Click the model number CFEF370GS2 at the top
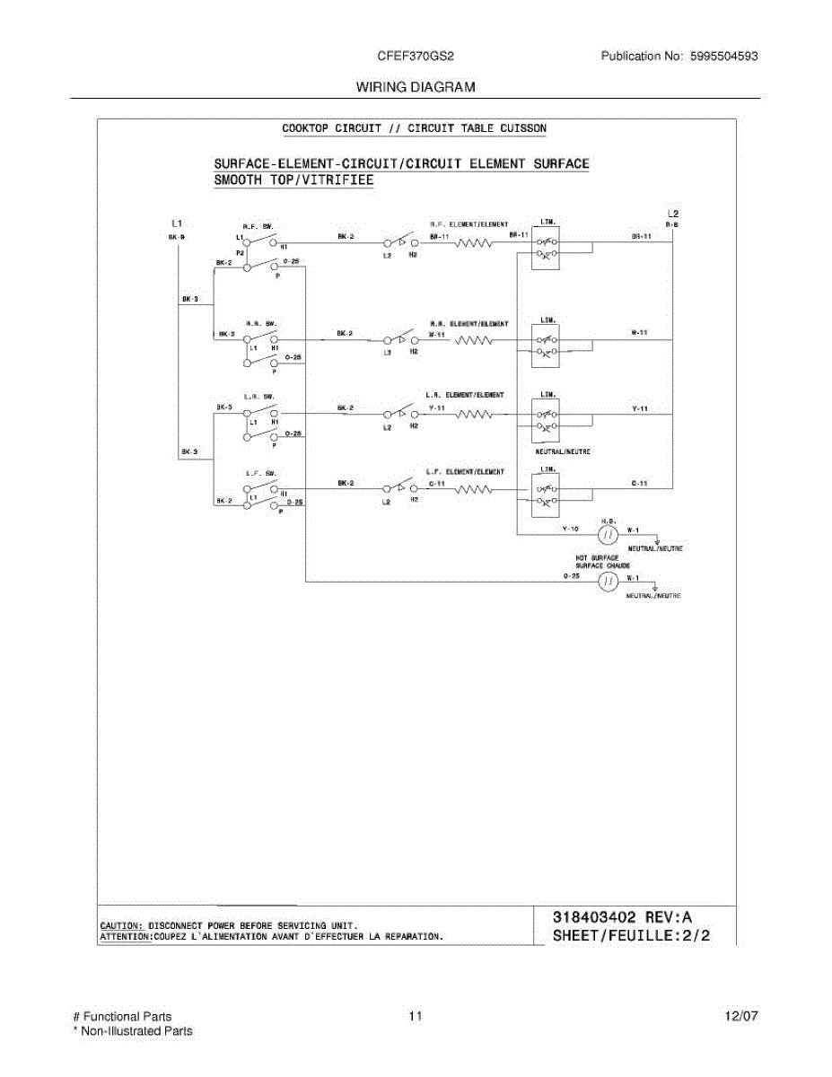tap(416, 56)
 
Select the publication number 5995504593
tap(724, 56)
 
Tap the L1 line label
tap(177, 223)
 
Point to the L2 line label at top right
tap(672, 214)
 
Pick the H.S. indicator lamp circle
tap(608, 536)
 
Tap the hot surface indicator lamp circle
tap(608, 582)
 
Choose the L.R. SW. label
tap(258, 397)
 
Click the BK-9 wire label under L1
tap(176, 237)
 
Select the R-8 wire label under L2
tap(672, 226)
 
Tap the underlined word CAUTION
tap(120, 924)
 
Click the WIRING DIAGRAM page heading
tap(416, 87)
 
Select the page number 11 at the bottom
tap(415, 1017)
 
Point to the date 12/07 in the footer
tap(741, 1017)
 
